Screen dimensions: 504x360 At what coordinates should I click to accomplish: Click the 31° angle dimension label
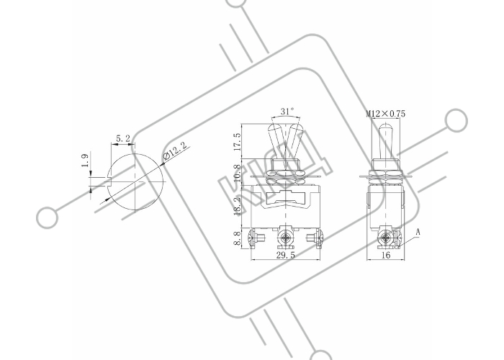(287, 112)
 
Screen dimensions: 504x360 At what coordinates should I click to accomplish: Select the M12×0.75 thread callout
(386, 114)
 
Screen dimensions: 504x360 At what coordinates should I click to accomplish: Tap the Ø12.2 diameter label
(175, 151)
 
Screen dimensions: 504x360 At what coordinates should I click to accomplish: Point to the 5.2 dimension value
(123, 139)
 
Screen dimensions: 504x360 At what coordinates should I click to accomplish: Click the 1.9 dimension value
(85, 161)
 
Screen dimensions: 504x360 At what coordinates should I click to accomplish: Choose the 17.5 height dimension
(237, 142)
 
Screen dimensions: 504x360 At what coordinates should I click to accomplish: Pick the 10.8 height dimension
(237, 173)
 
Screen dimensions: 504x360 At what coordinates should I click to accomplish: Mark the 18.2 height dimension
(237, 206)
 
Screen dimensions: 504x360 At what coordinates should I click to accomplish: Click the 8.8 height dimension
(237, 239)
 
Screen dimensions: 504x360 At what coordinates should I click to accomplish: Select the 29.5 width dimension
(285, 255)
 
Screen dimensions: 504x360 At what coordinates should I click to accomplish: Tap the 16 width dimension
(386, 255)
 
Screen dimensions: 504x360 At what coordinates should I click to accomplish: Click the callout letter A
(418, 232)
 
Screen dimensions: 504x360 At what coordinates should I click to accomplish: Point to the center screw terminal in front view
(285, 238)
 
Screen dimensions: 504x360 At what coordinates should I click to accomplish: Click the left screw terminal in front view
(256, 238)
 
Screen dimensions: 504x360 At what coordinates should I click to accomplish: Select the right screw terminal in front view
(315, 238)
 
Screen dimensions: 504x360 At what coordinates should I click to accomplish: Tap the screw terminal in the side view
(386, 238)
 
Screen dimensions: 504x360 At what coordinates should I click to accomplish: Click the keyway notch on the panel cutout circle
(109, 182)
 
